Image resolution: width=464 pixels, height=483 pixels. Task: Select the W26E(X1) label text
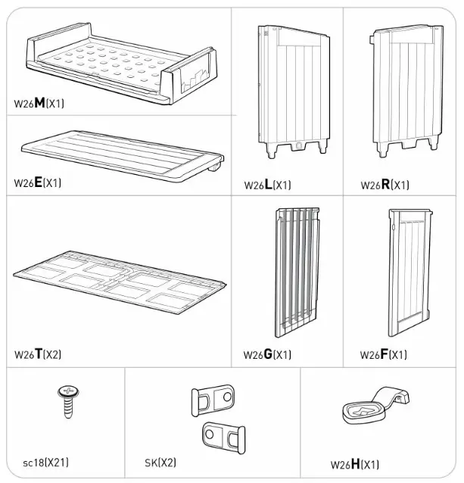[38, 182]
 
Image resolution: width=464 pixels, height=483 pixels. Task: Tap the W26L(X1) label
[267, 185]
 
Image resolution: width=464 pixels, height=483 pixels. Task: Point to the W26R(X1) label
[385, 185]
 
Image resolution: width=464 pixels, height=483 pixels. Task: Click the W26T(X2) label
[38, 354]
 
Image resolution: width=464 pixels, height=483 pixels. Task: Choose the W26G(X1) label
[267, 354]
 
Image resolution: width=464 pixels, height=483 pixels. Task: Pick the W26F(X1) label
[383, 354]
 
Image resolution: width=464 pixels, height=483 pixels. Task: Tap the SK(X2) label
[160, 462]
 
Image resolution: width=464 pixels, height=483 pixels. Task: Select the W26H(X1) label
[354, 465]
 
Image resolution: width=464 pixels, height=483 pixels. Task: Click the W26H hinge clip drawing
[374, 405]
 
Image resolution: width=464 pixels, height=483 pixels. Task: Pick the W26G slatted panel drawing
[296, 270]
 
